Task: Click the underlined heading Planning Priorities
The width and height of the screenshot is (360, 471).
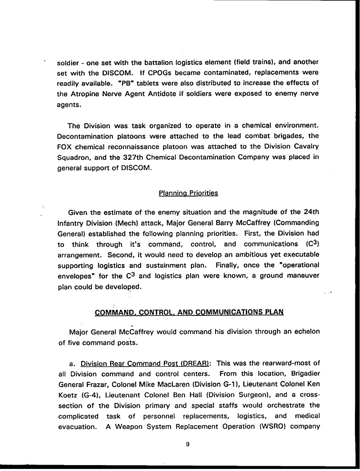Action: click(x=188, y=193)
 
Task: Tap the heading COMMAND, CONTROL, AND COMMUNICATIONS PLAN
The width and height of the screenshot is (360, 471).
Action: click(x=189, y=312)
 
